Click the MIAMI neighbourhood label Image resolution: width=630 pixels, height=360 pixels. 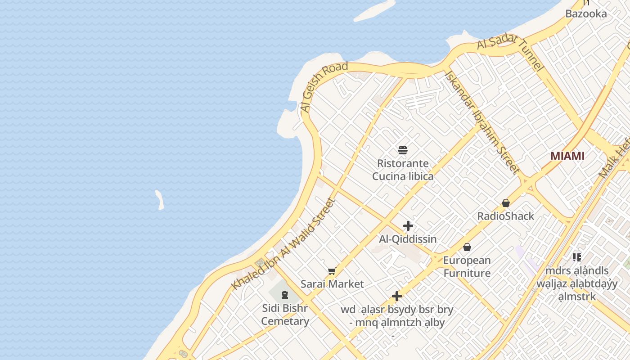567,156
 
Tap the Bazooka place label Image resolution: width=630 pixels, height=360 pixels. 586,13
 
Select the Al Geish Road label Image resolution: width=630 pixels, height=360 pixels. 324,88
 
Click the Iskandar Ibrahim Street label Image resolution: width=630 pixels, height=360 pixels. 482,122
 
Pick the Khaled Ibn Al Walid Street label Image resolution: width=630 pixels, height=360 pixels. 283,244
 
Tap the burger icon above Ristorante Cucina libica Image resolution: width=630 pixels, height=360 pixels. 403,150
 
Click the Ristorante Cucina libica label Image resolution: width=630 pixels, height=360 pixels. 403,170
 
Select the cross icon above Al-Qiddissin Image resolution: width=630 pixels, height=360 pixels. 408,226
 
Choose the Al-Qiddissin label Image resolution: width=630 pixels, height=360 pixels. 408,239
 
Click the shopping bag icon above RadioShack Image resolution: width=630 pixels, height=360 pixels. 506,203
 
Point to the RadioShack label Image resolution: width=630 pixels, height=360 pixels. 506,216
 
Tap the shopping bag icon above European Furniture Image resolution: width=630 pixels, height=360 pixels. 467,247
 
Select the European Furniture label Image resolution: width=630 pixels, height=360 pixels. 467,266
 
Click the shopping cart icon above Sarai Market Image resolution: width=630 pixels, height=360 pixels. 332,271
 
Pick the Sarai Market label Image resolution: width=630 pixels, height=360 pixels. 332,284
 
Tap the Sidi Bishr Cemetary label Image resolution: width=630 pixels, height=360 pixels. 285,315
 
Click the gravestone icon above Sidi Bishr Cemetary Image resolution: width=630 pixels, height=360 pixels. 284,295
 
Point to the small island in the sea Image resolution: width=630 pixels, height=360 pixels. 159,200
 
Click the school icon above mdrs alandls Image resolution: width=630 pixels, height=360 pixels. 577,257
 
